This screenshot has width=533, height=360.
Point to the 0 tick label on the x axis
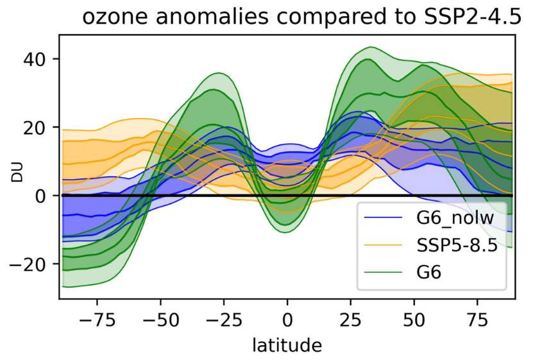(287, 319)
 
